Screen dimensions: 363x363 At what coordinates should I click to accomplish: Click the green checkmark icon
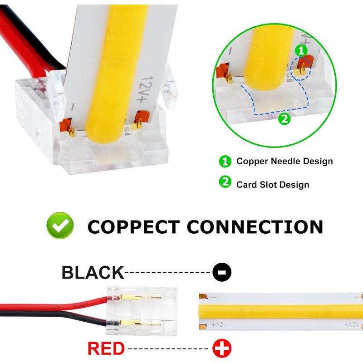point(60,226)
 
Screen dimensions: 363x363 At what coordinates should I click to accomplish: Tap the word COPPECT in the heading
point(133,226)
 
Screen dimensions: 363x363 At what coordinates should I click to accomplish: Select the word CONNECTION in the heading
point(255,226)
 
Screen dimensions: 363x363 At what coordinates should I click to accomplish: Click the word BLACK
point(93,273)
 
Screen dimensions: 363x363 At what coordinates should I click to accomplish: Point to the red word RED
point(106,348)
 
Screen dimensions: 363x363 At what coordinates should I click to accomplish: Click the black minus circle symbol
point(222,272)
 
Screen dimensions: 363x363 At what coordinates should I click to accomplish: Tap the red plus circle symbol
point(222,348)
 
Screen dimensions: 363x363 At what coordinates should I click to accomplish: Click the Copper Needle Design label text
point(285,161)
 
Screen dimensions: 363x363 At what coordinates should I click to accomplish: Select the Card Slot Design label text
point(273,184)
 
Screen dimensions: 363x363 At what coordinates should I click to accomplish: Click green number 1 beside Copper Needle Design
point(225,161)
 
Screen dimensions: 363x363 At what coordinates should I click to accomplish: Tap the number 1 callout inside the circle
point(302,50)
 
